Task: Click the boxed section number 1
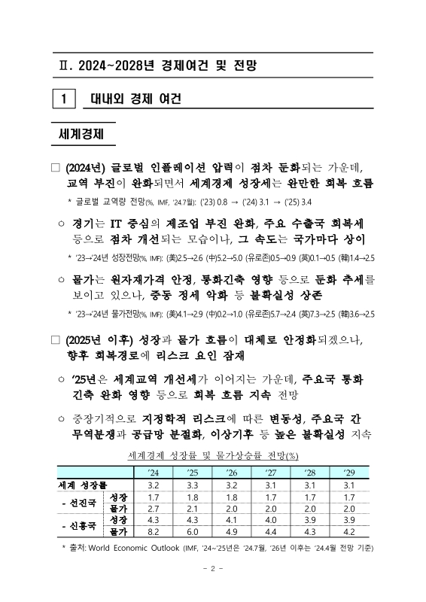66,99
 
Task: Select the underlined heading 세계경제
83,134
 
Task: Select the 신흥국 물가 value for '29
349,531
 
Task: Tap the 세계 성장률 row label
84,485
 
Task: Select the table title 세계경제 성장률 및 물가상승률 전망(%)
213,455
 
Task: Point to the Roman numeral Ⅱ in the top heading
62,65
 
